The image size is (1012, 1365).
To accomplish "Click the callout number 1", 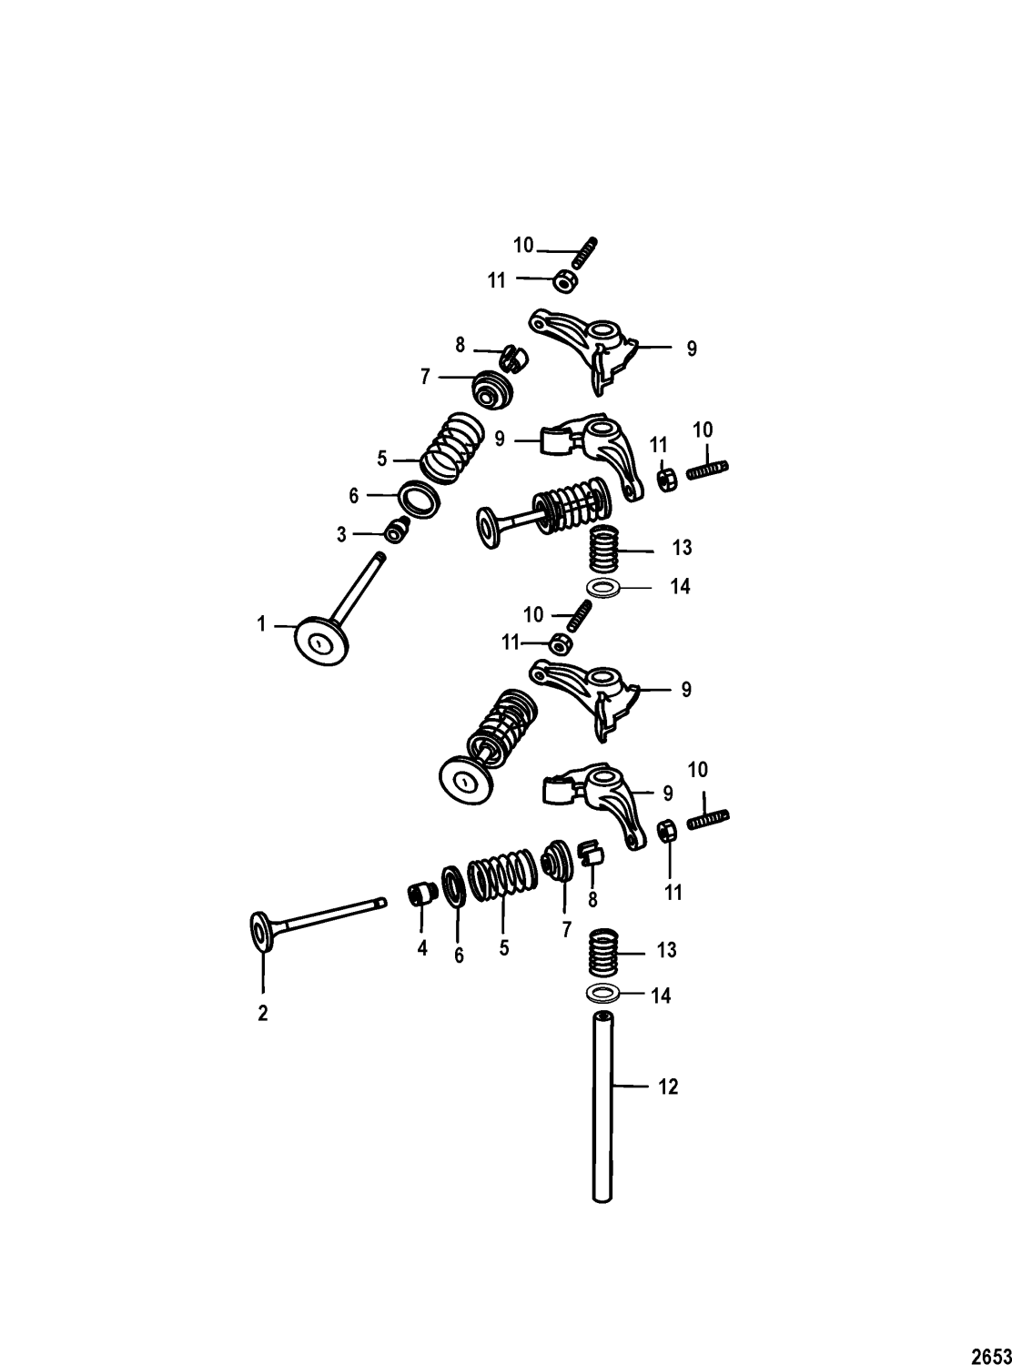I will click(262, 624).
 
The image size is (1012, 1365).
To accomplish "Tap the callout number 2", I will click(263, 1014).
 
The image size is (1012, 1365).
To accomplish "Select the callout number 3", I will click(342, 535).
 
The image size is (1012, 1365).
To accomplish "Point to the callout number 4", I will click(422, 947).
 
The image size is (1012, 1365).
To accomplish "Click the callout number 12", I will click(668, 1087).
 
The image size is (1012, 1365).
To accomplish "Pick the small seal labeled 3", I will click(396, 530).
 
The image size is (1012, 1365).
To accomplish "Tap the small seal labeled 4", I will click(420, 895).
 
